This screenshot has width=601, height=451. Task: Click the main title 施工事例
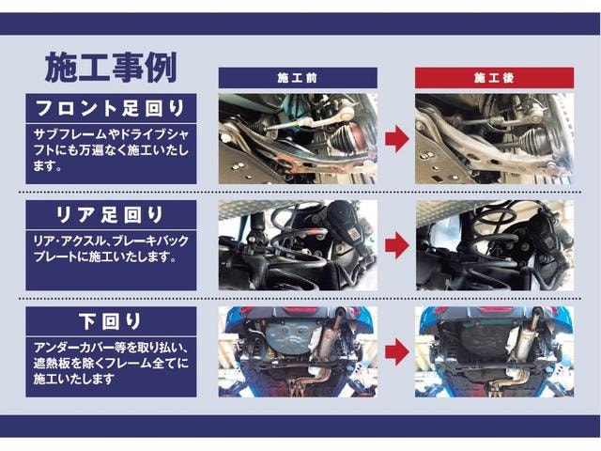[x=111, y=68]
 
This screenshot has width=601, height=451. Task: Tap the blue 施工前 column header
[x=298, y=78]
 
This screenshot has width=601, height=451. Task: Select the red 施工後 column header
[x=495, y=78]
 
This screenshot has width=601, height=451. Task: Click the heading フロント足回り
[x=111, y=108]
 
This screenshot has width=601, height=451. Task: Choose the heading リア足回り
[x=111, y=215]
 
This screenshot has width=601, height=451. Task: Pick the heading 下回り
[x=111, y=321]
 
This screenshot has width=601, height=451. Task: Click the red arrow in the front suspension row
[x=396, y=139]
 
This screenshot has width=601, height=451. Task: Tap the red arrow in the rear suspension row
[x=396, y=245]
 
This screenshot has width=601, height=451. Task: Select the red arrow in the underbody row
[x=396, y=351]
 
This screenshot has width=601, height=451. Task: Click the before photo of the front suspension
[x=298, y=139]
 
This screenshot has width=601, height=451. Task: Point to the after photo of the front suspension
[x=495, y=139]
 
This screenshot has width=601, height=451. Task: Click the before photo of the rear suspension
[x=298, y=245]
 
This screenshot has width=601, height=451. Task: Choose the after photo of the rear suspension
[x=495, y=245]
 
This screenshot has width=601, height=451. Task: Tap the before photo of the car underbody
[x=298, y=351]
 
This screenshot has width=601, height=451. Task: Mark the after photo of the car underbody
[x=495, y=351]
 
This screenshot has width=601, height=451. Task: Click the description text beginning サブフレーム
[x=111, y=150]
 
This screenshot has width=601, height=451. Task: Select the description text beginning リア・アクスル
[x=111, y=249]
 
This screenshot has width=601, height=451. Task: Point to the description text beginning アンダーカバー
[x=111, y=364]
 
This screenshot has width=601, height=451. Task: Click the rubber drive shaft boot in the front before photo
[x=345, y=138]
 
